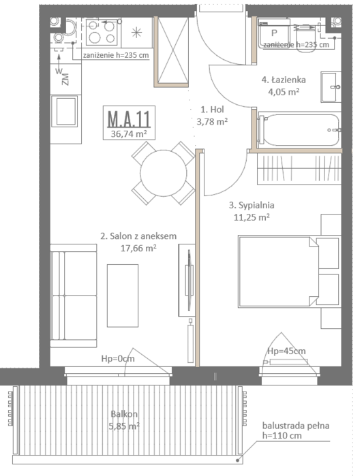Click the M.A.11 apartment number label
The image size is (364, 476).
tap(129, 119)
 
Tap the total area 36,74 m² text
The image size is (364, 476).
tap(129, 133)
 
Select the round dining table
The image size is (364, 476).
tap(164, 173)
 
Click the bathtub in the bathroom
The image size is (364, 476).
tap(299, 130)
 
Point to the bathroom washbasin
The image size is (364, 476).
tap(331, 86)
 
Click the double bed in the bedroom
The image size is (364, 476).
tap(288, 272)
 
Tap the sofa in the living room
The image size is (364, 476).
tap(73, 296)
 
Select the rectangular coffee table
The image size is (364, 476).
tap(123, 296)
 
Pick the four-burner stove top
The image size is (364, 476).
tap(102, 32)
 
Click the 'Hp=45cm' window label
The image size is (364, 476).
tap(286, 351)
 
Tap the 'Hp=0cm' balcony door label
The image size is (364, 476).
tap(118, 358)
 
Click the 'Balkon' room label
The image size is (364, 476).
tap(124, 414)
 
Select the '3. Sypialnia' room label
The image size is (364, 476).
tap(252, 205)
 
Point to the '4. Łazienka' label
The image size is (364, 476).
tap(284, 80)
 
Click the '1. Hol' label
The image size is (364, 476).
tap(213, 109)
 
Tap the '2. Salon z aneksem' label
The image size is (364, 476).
tap(138, 236)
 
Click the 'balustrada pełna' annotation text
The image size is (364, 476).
tap(296, 426)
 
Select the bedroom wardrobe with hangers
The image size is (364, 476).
tap(299, 169)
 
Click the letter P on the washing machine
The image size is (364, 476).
tap(274, 33)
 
